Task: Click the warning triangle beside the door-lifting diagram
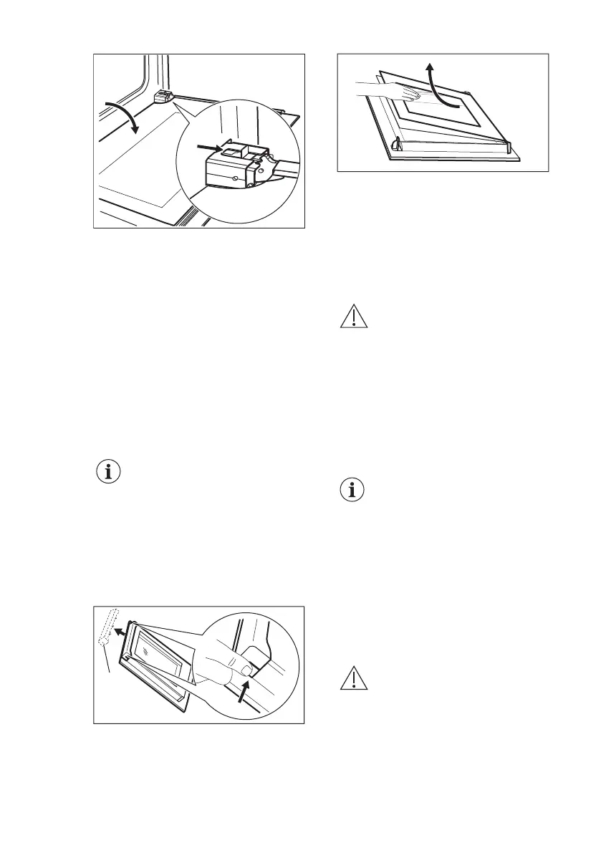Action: coord(353,317)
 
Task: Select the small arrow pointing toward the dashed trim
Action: coord(122,632)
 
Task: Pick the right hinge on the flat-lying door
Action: coord(507,146)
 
